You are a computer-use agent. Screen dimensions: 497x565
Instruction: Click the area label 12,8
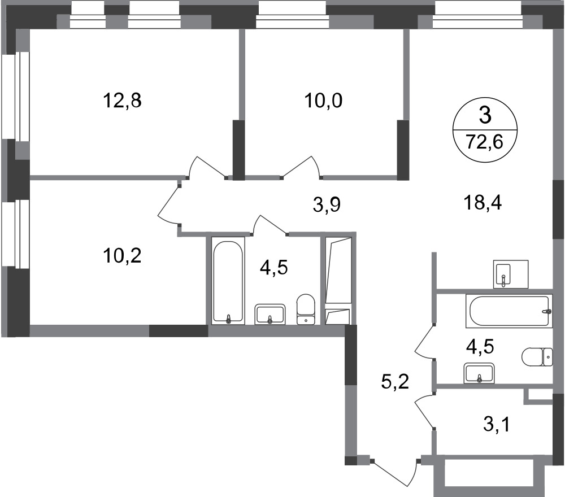pos(121,101)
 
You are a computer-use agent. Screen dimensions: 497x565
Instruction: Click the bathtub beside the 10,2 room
pos(228,280)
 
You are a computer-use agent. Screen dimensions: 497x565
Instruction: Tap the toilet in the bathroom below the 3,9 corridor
pos(306,308)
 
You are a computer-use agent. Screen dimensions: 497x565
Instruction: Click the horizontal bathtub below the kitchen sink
pos(508,311)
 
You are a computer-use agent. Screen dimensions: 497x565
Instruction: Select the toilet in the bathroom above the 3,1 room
pos(534,357)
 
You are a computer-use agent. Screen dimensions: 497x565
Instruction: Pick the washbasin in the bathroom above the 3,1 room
pos(479,373)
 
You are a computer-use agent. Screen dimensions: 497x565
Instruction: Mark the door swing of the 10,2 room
pos(169,205)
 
